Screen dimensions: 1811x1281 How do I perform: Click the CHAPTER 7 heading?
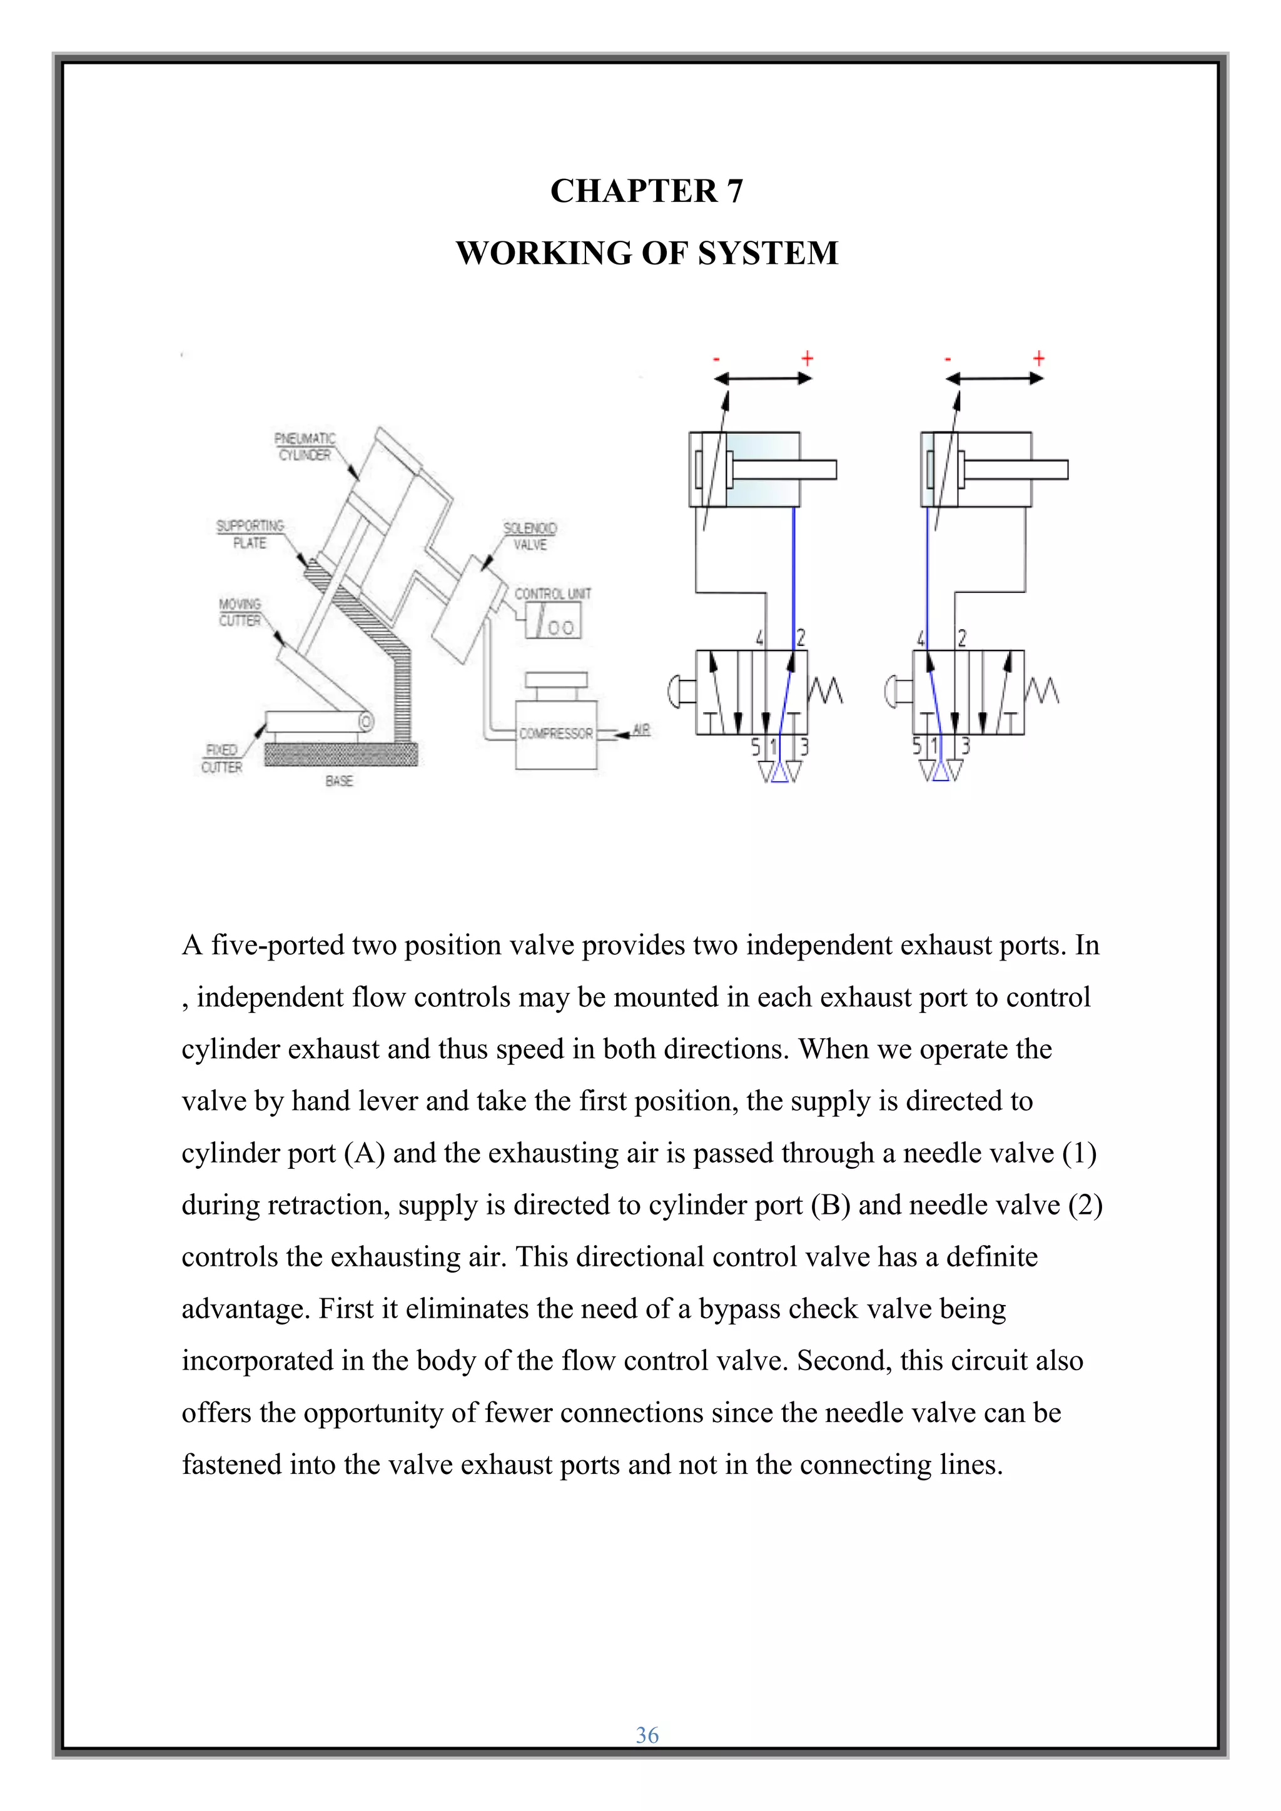point(646,191)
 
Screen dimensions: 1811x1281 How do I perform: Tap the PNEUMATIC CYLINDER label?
point(305,446)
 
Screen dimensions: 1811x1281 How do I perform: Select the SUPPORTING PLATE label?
point(250,534)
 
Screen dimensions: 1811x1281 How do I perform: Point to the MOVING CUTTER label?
point(240,612)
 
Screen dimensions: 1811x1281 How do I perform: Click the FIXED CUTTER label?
point(221,758)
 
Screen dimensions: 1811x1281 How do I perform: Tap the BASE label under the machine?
point(339,781)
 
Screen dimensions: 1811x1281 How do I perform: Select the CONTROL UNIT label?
point(552,594)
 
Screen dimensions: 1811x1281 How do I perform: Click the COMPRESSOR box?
point(556,734)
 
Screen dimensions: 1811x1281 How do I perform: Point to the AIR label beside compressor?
point(641,730)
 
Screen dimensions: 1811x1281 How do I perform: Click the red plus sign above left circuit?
point(807,359)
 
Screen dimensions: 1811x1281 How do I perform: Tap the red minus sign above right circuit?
point(948,360)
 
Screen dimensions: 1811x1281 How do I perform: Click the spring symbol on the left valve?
point(825,692)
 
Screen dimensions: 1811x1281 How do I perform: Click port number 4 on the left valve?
point(759,638)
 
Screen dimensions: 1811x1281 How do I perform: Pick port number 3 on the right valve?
point(965,745)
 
